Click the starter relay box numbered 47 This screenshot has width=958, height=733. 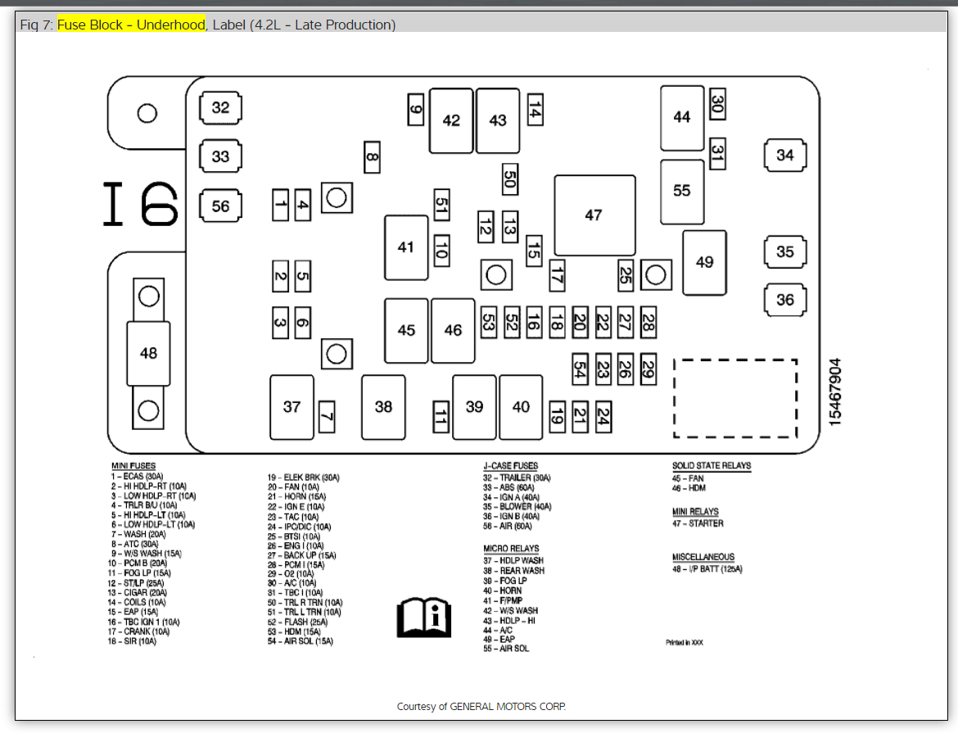pyautogui.click(x=594, y=215)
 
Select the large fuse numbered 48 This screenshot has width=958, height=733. pyautogui.click(x=148, y=353)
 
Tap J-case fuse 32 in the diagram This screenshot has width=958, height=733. pyautogui.click(x=220, y=107)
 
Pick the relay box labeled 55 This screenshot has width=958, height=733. pyautogui.click(x=682, y=191)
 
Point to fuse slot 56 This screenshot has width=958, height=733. pyautogui.click(x=220, y=206)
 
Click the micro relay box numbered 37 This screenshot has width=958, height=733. pyautogui.click(x=291, y=406)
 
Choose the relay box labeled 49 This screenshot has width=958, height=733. pyautogui.click(x=704, y=262)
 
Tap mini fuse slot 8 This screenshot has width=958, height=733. pyautogui.click(x=372, y=156)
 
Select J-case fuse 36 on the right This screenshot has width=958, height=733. pyautogui.click(x=784, y=300)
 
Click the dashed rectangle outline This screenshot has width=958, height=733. pyautogui.click(x=734, y=398)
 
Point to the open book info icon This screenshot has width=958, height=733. pyautogui.click(x=423, y=616)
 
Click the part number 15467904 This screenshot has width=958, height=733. pyautogui.click(x=835, y=391)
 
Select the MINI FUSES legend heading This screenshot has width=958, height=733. pyautogui.click(x=133, y=466)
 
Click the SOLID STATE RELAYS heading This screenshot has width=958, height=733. pyautogui.click(x=711, y=466)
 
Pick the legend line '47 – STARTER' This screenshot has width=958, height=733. pyautogui.click(x=698, y=523)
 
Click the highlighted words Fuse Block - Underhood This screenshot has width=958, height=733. pyautogui.click(x=131, y=25)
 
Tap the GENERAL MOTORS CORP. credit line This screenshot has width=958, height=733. pyautogui.click(x=481, y=706)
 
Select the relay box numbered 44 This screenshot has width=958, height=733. pyautogui.click(x=682, y=118)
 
